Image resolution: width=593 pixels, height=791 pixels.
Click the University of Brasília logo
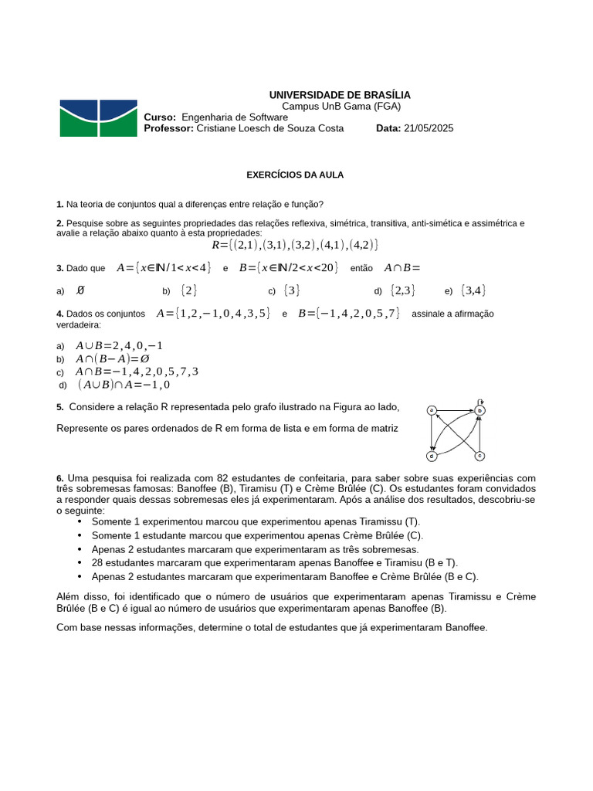[x=98, y=118]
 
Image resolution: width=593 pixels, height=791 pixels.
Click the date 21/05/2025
[x=429, y=129]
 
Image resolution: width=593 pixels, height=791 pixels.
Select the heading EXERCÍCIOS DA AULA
[x=295, y=175]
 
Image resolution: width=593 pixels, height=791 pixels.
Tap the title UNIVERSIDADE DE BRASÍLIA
[x=340, y=94]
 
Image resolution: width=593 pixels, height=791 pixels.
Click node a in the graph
[x=432, y=410]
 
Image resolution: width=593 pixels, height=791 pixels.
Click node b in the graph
[x=479, y=411]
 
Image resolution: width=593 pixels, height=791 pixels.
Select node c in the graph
[x=479, y=456]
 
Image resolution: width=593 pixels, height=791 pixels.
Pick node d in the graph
[x=432, y=456]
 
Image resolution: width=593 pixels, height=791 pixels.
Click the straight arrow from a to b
[x=456, y=410]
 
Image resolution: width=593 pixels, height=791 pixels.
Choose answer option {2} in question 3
[x=188, y=290]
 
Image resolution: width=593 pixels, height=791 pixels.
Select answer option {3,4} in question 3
[x=473, y=290]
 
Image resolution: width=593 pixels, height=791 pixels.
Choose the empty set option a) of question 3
[x=80, y=290]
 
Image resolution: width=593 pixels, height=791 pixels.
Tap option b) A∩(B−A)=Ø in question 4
[x=112, y=358]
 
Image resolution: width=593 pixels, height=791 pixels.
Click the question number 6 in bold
[x=60, y=478]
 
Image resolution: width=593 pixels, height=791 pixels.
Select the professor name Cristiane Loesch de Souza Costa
[x=270, y=129]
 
